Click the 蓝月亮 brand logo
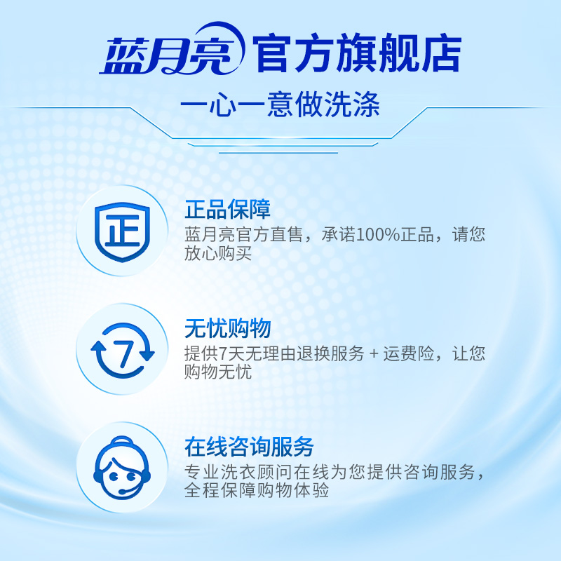coord(173,49)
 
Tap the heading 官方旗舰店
coord(357,53)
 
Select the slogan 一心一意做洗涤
coord(280,104)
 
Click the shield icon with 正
coord(122,231)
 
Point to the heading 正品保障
coord(227,209)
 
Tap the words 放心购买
coord(218,253)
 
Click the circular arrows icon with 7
coord(122,350)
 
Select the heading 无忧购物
coord(227,327)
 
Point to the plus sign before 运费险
coord(374,354)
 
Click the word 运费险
coord(409,353)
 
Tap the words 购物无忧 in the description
coord(218,372)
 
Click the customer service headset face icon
coord(122,468)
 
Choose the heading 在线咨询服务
coord(249,447)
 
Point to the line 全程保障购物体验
coord(257,489)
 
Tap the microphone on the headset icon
coord(123,492)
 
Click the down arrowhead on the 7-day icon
coord(147,355)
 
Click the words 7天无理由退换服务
coord(274,353)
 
